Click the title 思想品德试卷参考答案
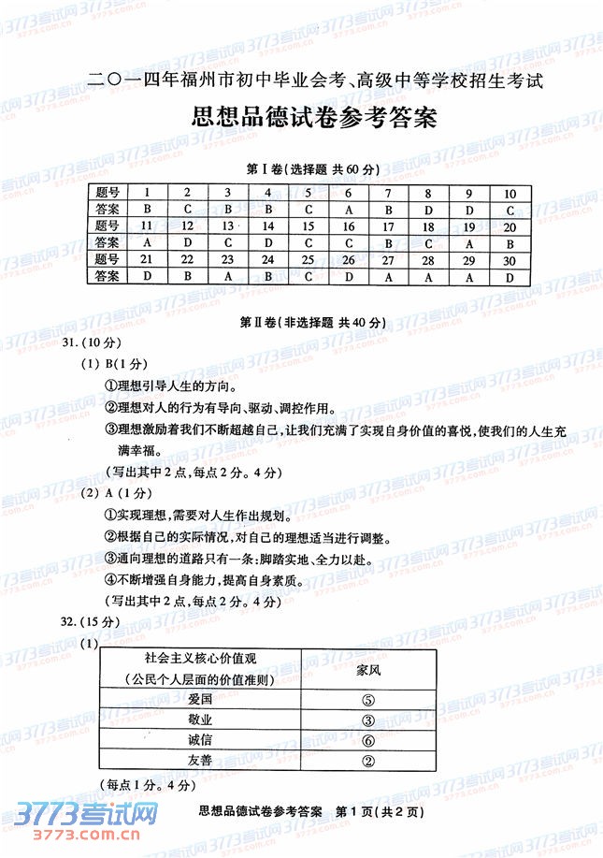301,119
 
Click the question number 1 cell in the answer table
148,194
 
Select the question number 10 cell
510,194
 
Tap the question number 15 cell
309,226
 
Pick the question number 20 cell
510,226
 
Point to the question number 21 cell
147,259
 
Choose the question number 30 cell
510,259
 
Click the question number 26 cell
349,259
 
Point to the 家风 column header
367,669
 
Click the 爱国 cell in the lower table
199,699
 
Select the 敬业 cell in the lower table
199,720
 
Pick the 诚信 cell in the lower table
199,740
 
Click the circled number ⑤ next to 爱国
367,699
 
